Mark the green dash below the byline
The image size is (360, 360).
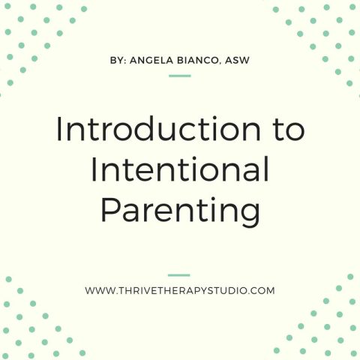pos(180,76)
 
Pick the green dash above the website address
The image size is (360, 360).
pos(180,275)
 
